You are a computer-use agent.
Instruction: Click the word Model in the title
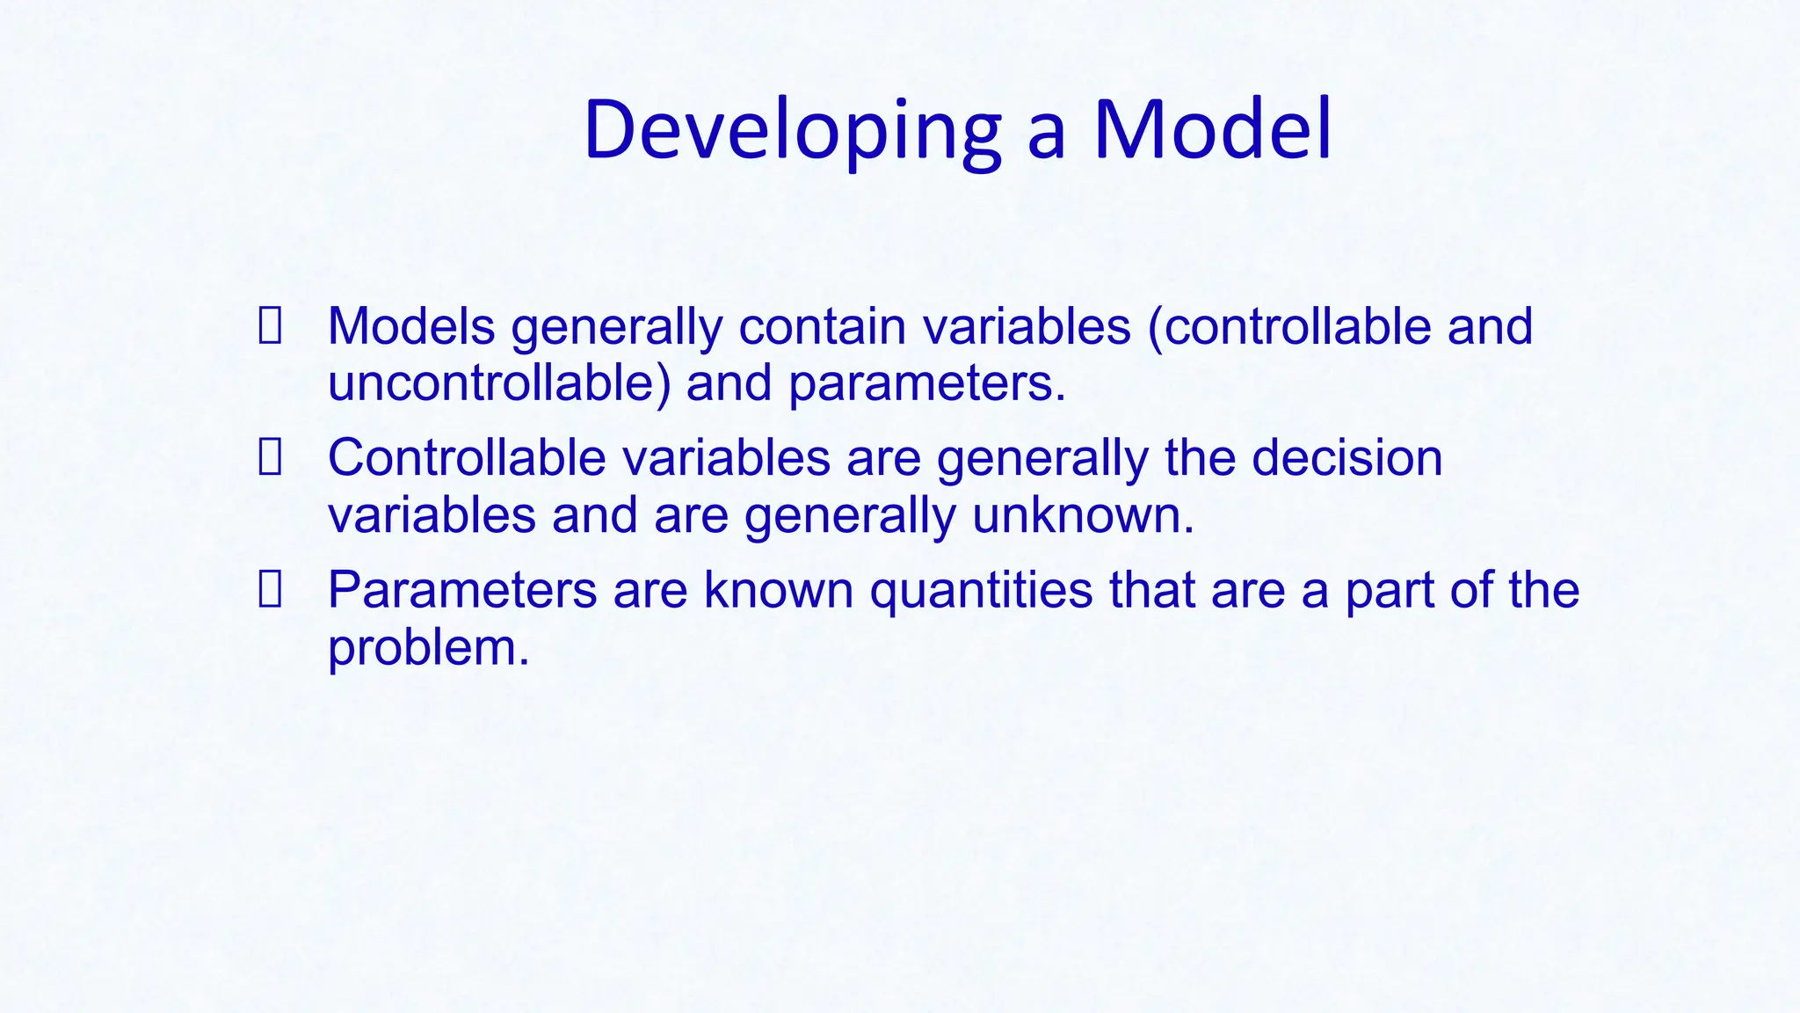[1213, 130]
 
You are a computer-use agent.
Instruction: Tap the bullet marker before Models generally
[270, 325]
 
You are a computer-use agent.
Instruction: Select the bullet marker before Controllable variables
[270, 457]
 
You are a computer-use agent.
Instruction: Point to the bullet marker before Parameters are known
[270, 589]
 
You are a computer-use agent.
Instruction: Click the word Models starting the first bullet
[411, 325]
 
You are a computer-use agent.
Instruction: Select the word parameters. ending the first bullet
[926, 385]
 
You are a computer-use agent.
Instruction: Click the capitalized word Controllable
[467, 457]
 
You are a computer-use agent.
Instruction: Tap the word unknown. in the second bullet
[1083, 515]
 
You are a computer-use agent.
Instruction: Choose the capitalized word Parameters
[462, 589]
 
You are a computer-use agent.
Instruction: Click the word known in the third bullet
[778, 589]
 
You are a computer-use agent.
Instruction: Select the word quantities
[981, 591]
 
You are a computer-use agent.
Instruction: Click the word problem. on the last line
[428, 649]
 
